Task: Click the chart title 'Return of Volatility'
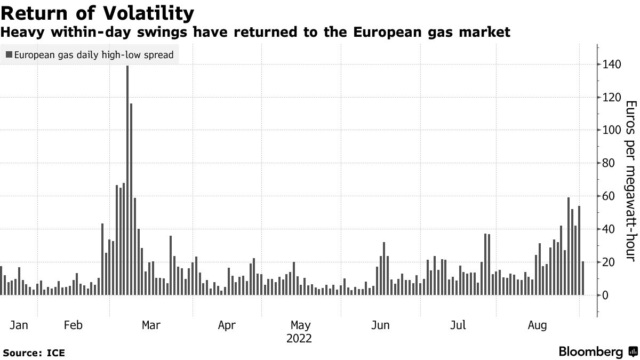click(97, 12)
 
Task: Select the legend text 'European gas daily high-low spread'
click(94, 54)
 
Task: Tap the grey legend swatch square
click(9, 54)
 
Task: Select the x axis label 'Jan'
click(18, 325)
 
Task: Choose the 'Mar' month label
click(151, 325)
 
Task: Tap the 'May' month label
click(300, 325)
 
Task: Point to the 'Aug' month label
click(537, 325)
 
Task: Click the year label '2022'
click(299, 338)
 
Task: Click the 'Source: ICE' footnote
click(34, 353)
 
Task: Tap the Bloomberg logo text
click(590, 352)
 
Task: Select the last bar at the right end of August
click(583, 278)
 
